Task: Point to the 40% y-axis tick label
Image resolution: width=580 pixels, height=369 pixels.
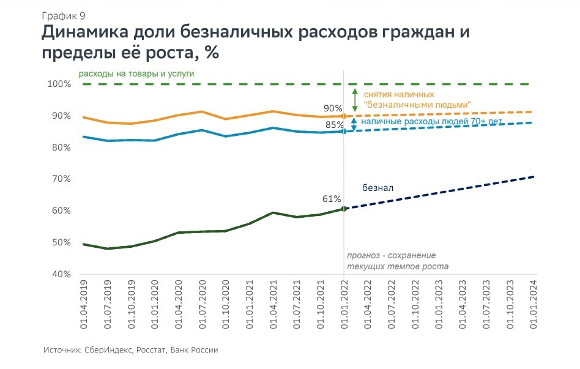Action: [x=60, y=274]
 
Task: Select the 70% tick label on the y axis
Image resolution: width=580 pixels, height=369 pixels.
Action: [x=60, y=179]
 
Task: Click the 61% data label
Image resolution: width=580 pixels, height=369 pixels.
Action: [x=332, y=199]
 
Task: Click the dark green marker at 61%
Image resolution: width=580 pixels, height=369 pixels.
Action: [x=344, y=209]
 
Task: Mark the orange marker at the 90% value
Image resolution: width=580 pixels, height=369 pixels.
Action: [x=344, y=116]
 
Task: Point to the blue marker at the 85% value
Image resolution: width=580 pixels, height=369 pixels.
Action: [x=344, y=131]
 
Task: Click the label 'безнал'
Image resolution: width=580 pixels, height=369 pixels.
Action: [x=377, y=188]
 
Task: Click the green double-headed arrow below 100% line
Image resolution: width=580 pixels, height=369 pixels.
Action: [x=355, y=100]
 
